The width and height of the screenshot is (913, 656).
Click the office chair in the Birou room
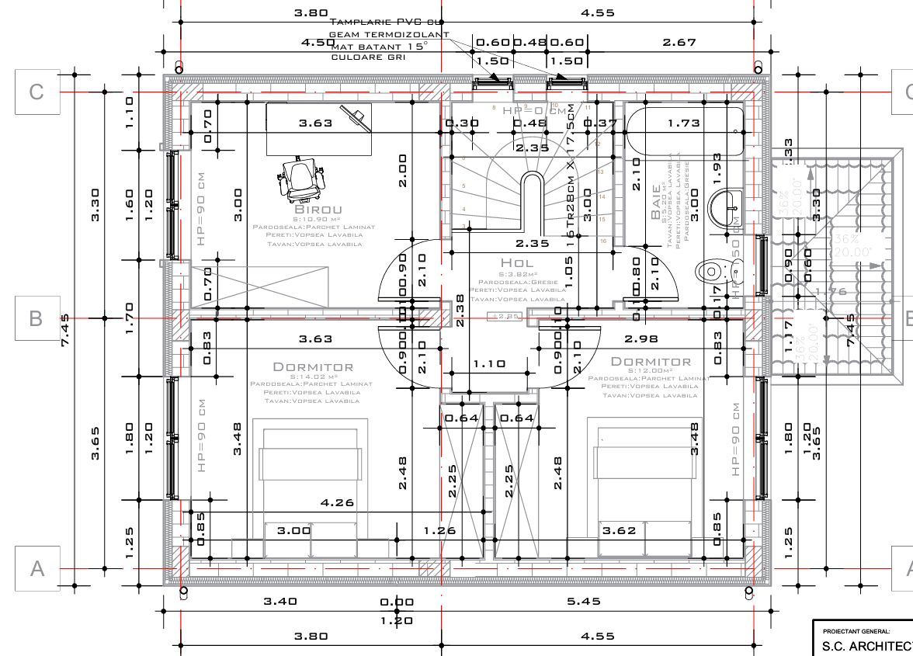click(299, 179)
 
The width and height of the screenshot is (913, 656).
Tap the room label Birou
click(318, 210)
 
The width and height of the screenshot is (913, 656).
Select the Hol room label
click(517, 263)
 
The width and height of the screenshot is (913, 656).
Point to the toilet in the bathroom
click(713, 271)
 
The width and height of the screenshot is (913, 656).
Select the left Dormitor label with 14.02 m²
click(312, 366)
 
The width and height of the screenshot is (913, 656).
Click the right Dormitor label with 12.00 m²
click(651, 361)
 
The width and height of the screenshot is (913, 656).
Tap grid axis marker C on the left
click(36, 92)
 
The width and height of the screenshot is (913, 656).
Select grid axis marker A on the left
click(36, 568)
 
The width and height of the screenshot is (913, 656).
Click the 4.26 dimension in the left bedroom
click(337, 502)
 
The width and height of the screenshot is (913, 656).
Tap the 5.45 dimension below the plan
click(584, 601)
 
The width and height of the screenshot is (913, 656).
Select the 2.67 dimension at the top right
click(679, 42)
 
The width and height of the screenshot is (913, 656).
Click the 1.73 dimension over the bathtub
click(683, 122)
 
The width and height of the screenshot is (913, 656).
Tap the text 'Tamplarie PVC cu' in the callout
click(385, 23)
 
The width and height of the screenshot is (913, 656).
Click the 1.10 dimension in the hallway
click(489, 363)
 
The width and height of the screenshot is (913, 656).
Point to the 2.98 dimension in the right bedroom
click(640, 338)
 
